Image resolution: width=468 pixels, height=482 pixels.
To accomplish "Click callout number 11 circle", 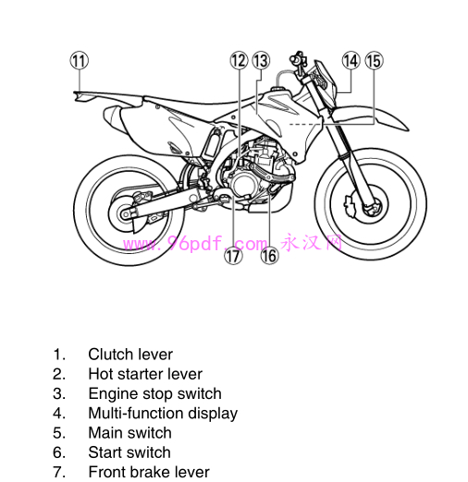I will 80,61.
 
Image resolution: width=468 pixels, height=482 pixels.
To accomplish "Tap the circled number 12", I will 239,61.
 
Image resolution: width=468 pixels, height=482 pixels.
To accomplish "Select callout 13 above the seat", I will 260,61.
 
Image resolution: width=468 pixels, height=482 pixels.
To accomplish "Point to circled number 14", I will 351,61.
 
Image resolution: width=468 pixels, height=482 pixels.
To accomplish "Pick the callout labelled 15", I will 373,61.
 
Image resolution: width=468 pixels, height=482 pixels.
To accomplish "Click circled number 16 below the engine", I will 269,256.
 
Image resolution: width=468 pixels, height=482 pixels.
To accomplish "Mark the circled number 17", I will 233,256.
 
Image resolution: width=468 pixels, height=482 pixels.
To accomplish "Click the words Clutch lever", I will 130,354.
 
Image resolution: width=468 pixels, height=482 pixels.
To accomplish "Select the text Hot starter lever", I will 145,374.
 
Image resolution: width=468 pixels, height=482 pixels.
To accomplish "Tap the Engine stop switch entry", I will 154,393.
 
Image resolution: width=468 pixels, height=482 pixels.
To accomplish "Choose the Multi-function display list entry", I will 163,414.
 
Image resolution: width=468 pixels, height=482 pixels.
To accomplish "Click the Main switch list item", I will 129,433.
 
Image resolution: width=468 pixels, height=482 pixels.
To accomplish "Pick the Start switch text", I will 129,452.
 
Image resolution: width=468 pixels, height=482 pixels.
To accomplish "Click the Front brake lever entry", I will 149,472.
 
